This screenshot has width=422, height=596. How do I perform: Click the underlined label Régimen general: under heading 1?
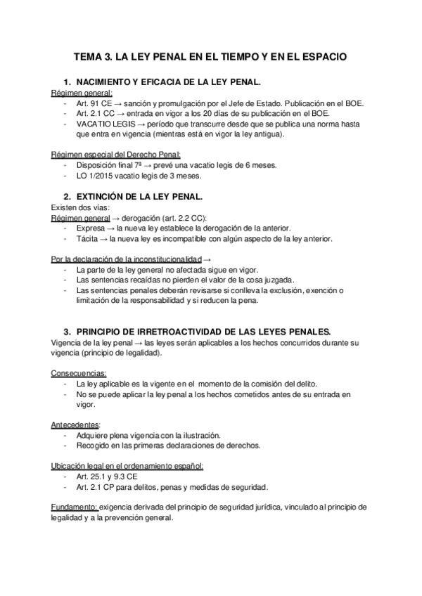point(82,93)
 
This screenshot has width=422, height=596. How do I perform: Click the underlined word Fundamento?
point(75,507)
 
